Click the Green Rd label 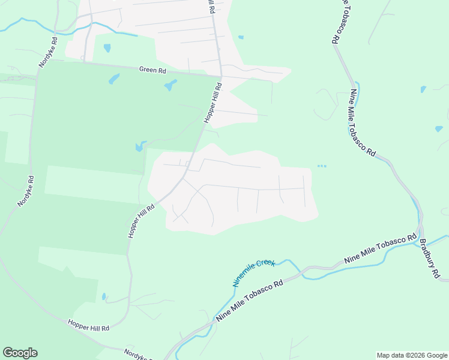[152, 70]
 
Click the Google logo [20, 353]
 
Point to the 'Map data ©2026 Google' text [412, 355]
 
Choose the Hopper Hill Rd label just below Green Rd [213, 103]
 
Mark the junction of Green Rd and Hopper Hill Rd [221, 76]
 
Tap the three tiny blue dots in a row [322, 166]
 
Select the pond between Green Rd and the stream [107, 48]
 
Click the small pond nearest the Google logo [104, 296]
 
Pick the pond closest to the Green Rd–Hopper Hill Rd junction [171, 85]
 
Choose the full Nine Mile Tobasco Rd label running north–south [363, 123]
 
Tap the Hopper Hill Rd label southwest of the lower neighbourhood [142, 220]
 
